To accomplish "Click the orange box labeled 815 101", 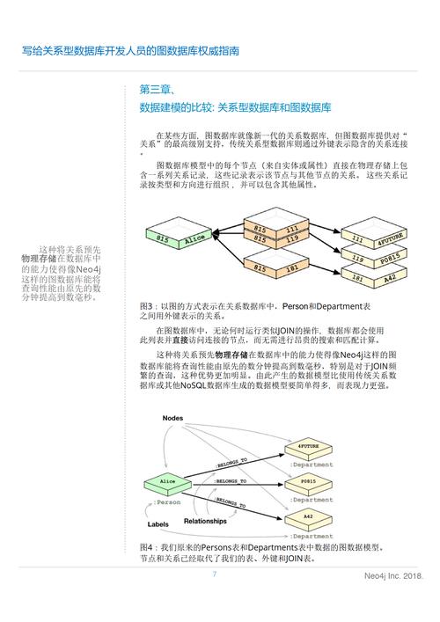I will (x=279, y=265).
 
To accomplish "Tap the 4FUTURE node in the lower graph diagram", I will (x=308, y=448).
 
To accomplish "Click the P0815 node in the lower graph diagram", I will (x=308, y=482).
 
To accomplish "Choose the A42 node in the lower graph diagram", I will (x=308, y=517).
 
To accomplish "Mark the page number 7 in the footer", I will (x=214, y=574).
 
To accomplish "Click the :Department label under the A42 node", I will (x=312, y=536).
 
